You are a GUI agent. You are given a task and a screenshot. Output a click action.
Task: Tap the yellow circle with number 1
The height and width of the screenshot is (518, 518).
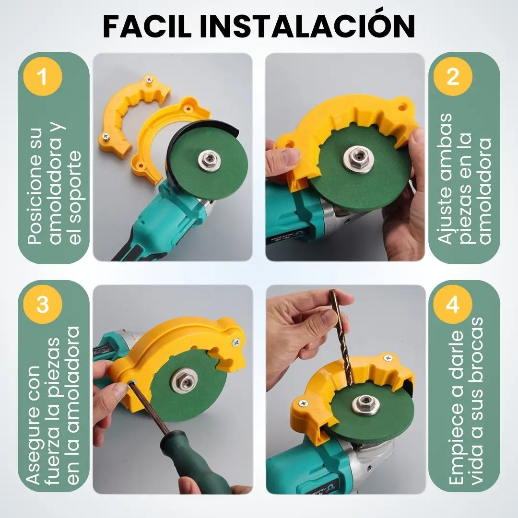pos(43,77)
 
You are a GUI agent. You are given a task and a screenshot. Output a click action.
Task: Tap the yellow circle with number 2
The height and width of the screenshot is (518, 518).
pos(453,77)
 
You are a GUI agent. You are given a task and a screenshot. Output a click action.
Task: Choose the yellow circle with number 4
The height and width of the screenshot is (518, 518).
pos(453,305)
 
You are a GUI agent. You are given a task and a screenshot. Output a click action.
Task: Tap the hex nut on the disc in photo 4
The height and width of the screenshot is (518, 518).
pos(365,405)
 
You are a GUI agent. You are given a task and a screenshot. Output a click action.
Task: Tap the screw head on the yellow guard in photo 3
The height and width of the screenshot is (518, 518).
pos(236,342)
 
